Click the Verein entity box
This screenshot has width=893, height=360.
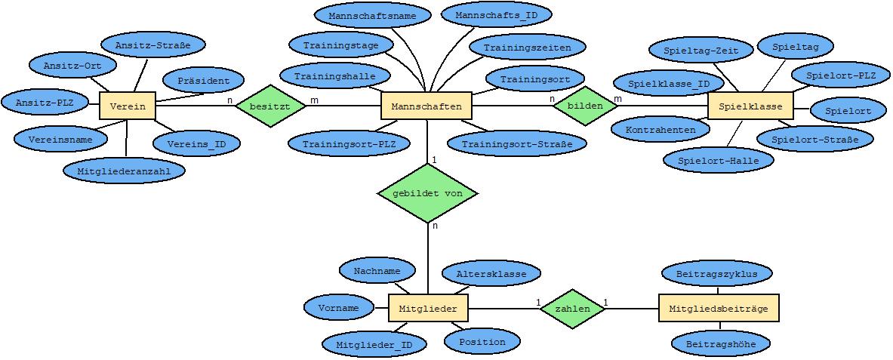pyautogui.click(x=128, y=106)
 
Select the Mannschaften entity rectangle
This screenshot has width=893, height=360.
pyautogui.click(x=426, y=106)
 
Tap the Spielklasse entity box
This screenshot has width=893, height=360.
pyautogui.click(x=750, y=106)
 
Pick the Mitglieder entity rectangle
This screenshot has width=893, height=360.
pyautogui.click(x=428, y=309)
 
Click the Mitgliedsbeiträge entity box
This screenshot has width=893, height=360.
pyautogui.click(x=718, y=309)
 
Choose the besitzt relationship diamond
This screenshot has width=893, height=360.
pyautogui.click(x=270, y=106)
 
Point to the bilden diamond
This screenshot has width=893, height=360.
pyautogui.click(x=585, y=106)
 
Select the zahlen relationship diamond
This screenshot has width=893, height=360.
pyautogui.click(x=572, y=309)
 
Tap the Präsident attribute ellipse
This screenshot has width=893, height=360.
pyautogui.click(x=203, y=82)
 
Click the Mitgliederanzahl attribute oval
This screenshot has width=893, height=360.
pyautogui.click(x=124, y=170)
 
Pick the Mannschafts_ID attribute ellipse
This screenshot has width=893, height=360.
pyautogui.click(x=497, y=15)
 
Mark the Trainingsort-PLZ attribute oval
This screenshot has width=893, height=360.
pyautogui.click(x=349, y=143)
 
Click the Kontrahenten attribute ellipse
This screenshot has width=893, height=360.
pyautogui.click(x=661, y=129)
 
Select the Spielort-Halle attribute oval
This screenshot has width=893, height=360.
pyautogui.click(x=719, y=161)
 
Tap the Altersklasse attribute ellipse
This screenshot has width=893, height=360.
pyautogui.click(x=491, y=274)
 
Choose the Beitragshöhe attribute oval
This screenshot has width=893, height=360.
pyautogui.click(x=721, y=344)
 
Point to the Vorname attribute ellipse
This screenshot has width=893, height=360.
pyautogui.click(x=339, y=308)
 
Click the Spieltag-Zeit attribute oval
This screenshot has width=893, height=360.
pyautogui.click(x=701, y=50)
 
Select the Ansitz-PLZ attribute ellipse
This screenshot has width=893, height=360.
pyautogui.click(x=45, y=103)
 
